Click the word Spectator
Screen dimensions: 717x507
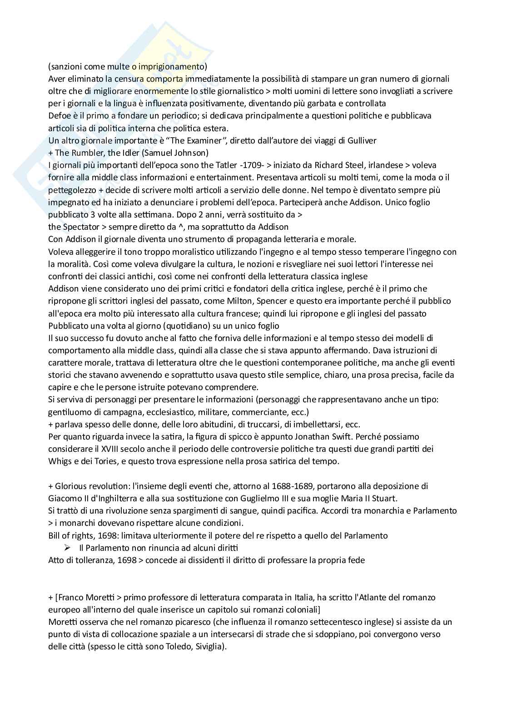point(79,227)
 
